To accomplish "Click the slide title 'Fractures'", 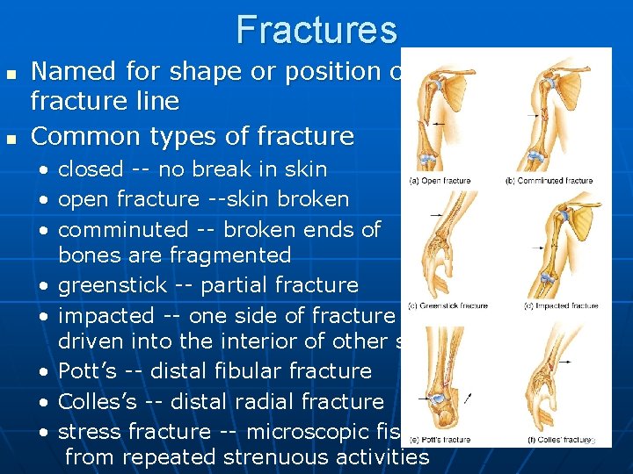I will pos(316,30).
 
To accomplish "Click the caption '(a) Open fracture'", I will pos(440,181).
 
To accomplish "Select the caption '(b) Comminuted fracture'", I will pos(549,181).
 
